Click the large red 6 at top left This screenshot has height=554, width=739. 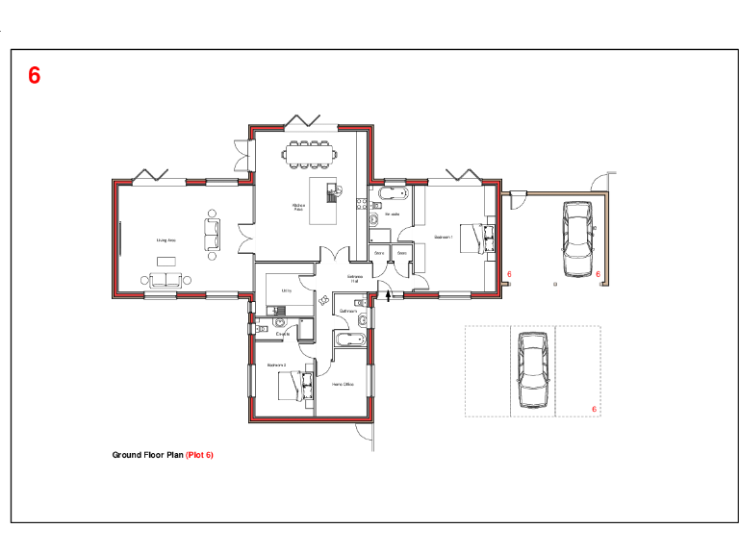click(x=35, y=76)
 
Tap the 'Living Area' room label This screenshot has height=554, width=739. click(x=166, y=239)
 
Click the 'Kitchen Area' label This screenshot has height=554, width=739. click(x=298, y=207)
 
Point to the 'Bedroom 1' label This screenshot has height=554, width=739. click(x=443, y=236)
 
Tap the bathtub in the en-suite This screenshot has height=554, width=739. click(x=392, y=195)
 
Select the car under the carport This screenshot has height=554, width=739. click(x=578, y=238)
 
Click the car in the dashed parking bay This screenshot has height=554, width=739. click(x=532, y=370)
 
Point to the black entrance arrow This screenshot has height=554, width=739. click(x=388, y=294)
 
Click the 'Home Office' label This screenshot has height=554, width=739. click(x=343, y=385)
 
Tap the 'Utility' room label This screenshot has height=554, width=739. click(x=286, y=290)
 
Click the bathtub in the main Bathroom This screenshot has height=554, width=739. click(x=347, y=339)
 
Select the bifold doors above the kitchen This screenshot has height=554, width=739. click(x=302, y=121)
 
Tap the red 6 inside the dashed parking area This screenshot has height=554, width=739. click(x=595, y=409)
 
